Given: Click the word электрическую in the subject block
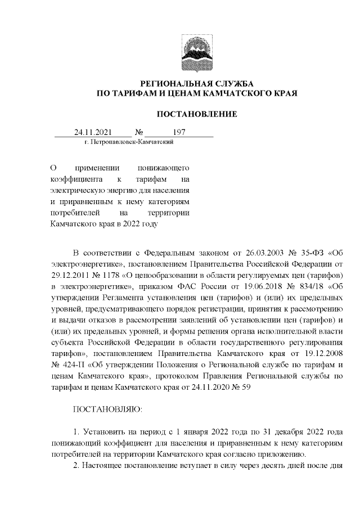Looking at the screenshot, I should pos(75,190).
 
